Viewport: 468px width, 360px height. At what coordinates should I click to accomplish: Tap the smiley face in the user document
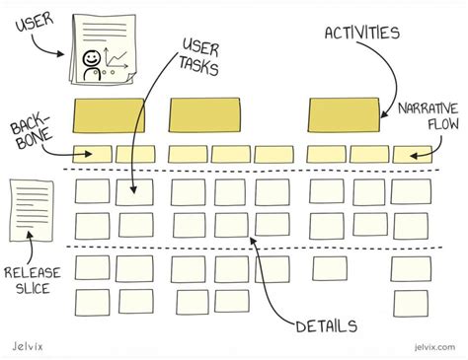(x=91, y=62)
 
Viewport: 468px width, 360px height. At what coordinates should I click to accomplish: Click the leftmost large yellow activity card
(x=111, y=115)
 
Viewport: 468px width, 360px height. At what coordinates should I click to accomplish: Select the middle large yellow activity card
(x=204, y=115)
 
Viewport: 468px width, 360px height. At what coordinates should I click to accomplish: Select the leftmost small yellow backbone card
(x=92, y=154)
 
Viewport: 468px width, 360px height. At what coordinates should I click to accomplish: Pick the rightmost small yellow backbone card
(x=412, y=154)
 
